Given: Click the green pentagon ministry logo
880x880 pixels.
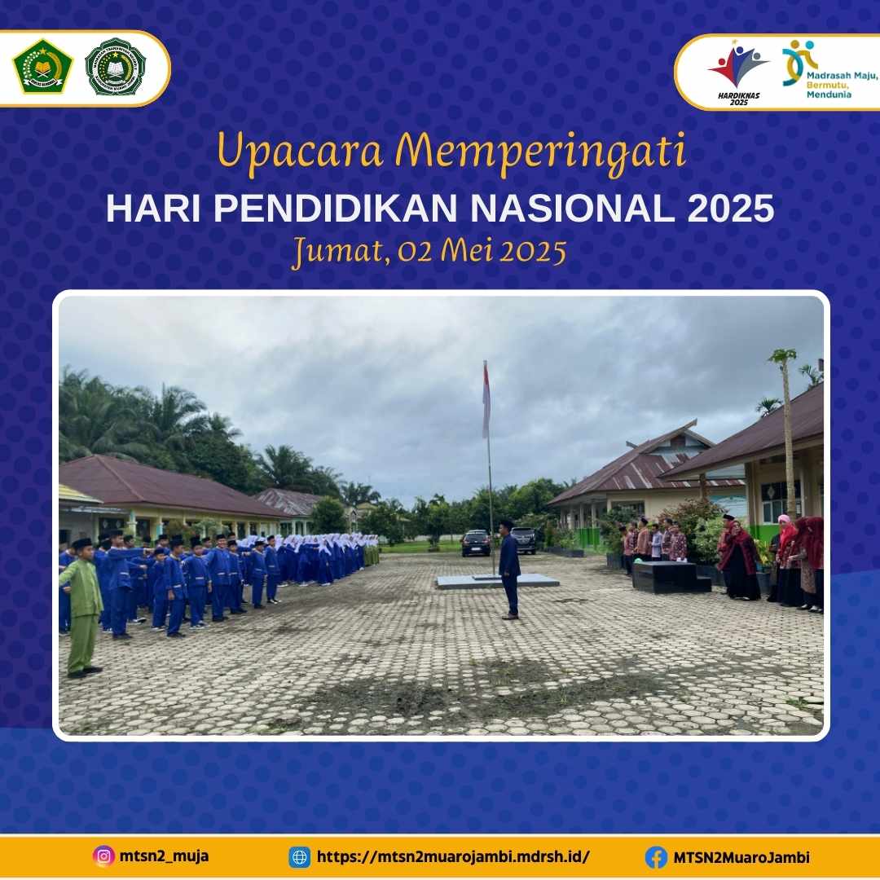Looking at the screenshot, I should click(x=42, y=67).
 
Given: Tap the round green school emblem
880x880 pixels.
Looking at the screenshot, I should click(x=115, y=67).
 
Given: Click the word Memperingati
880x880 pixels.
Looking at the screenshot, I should click(x=545, y=152).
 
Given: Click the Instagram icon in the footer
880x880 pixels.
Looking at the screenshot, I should click(x=103, y=856).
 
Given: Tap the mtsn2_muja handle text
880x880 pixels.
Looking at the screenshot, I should click(x=162, y=856).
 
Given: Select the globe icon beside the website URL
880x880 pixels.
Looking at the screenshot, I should click(x=300, y=857).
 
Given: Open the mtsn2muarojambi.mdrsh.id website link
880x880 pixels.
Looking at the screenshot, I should click(x=452, y=857).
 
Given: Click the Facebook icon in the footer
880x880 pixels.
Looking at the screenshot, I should click(x=656, y=857).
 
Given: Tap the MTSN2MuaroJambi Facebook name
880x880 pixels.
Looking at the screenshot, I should click(x=741, y=857).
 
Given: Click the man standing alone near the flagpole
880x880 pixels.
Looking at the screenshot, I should click(x=509, y=569).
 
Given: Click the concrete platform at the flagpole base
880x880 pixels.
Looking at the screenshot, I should click(x=497, y=581).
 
